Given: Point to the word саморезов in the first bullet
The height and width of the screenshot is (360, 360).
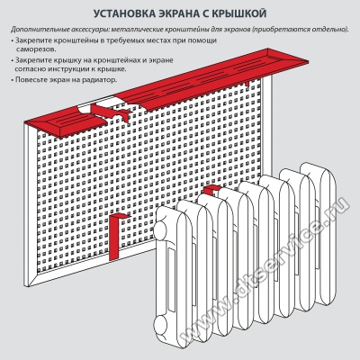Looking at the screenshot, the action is tap(35, 49).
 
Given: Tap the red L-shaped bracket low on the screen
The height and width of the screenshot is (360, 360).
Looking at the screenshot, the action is tap(116, 237).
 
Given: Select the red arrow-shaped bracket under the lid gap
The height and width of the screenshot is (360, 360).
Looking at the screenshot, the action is tap(112, 112).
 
